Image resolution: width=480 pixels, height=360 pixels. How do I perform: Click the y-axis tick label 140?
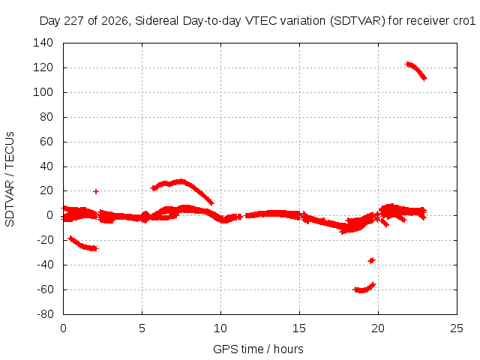click(x=43, y=43)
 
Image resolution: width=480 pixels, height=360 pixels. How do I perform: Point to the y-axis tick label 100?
click(x=43, y=92)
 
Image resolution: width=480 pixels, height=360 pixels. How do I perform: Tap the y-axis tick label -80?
click(x=45, y=314)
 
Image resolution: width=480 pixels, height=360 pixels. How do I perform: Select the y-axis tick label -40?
click(x=45, y=265)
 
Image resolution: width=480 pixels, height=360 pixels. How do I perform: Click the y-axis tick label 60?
click(x=46, y=142)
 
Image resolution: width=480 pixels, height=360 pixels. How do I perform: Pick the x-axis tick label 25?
click(x=457, y=328)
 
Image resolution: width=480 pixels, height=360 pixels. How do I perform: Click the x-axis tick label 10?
click(x=220, y=328)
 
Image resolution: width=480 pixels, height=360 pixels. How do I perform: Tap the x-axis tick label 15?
click(x=299, y=328)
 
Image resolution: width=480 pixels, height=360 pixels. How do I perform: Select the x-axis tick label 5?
click(x=142, y=328)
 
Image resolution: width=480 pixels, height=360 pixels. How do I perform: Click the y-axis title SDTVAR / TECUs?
click(x=10, y=179)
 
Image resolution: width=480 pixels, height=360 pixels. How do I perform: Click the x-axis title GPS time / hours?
click(x=258, y=349)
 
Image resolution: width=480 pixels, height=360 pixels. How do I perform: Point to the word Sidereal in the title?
click(x=157, y=21)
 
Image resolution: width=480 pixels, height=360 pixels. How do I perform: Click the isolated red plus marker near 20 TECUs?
click(x=96, y=192)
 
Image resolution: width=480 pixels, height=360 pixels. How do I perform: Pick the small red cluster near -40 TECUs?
click(x=372, y=260)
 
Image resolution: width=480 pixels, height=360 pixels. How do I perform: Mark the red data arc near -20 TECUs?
click(x=82, y=245)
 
